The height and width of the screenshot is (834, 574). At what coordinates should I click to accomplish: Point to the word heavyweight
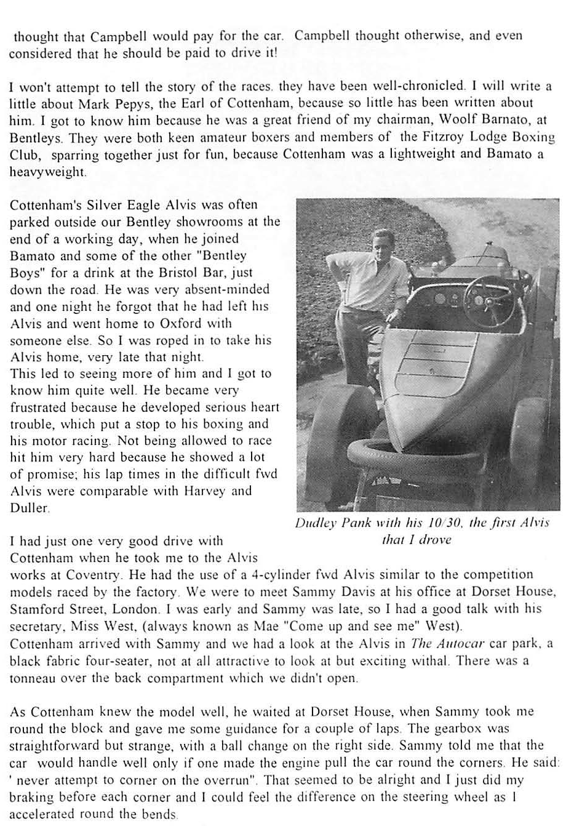coord(47,172)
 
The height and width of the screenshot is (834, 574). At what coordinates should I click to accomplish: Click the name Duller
coord(28,508)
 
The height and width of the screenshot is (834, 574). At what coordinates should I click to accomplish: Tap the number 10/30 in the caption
coord(439,524)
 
